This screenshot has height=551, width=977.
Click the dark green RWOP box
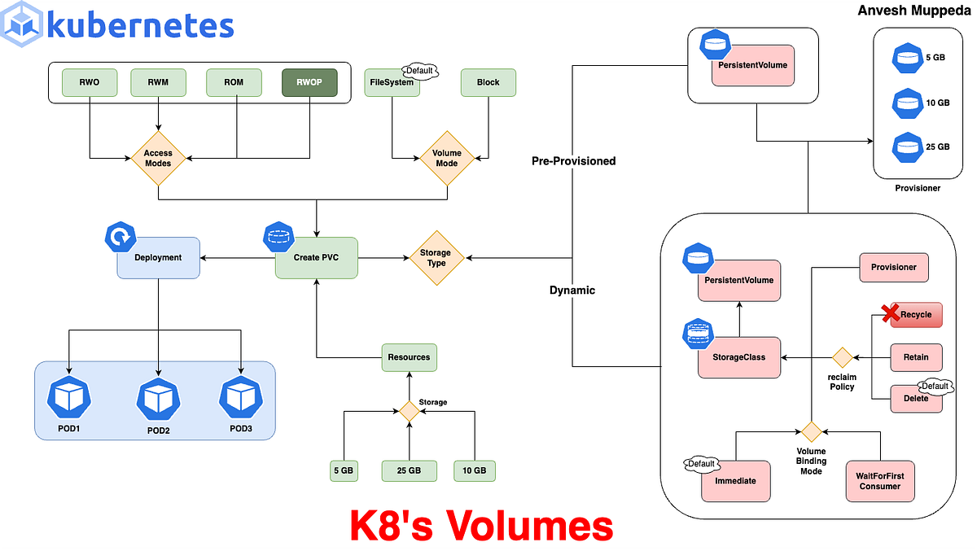point(309,82)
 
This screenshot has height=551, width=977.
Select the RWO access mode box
point(89,82)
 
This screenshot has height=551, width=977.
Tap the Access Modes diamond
point(158,158)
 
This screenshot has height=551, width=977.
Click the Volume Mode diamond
point(446,158)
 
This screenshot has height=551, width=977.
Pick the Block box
point(488,82)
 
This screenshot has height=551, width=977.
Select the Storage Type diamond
point(436,258)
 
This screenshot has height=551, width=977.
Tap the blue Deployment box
point(159,257)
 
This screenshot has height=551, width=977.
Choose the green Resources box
point(409,357)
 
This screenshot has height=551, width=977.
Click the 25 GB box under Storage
point(409,470)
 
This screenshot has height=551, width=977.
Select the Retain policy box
point(916,356)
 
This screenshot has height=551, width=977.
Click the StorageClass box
point(739,357)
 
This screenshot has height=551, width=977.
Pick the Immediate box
point(735,480)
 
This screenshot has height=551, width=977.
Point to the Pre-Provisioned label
point(573,161)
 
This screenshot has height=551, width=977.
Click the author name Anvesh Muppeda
point(912,11)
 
